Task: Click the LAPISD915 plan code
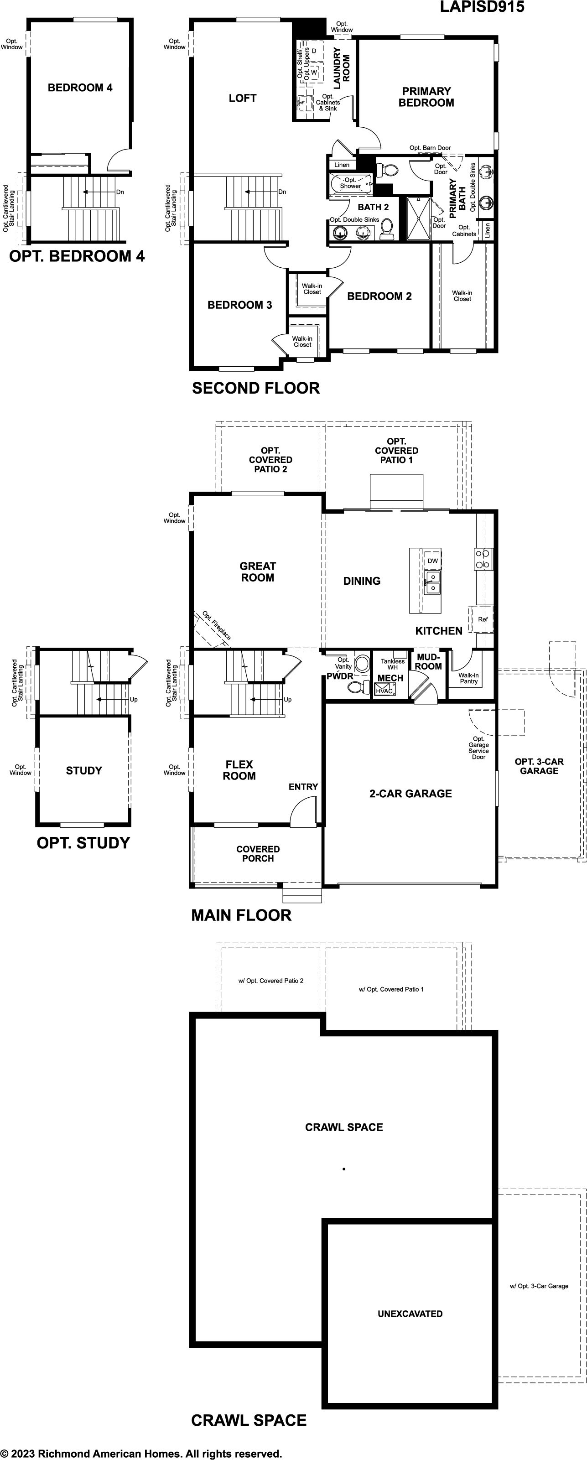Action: click(x=482, y=7)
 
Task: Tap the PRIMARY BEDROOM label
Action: click(x=426, y=97)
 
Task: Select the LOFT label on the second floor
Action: click(x=243, y=98)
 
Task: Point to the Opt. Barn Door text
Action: click(x=430, y=148)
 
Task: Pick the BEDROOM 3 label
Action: click(x=239, y=305)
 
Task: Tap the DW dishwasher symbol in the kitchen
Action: click(x=432, y=561)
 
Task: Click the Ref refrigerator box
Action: click(x=482, y=619)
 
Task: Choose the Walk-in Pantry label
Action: click(x=468, y=678)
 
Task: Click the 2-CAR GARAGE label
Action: click(x=411, y=794)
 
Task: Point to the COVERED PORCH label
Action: click(x=258, y=853)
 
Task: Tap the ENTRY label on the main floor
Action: click(x=303, y=787)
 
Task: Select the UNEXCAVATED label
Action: click(x=410, y=1314)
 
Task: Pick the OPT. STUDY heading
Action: click(x=83, y=843)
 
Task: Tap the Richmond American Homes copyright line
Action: click(x=141, y=1454)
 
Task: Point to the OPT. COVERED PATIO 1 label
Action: click(x=397, y=451)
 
